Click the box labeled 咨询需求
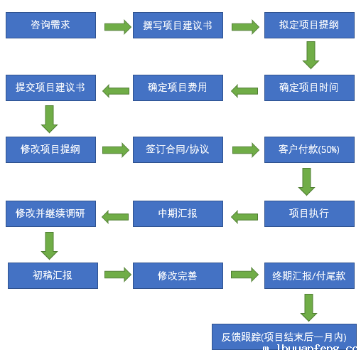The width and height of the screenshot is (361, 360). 50,25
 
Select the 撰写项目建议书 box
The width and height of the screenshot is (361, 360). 178,25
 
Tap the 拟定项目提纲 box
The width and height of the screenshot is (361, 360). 309,25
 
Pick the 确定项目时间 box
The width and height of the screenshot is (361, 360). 309,88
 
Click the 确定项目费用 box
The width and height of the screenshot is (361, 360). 178,88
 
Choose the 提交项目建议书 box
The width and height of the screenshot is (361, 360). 50,88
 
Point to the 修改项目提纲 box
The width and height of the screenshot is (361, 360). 50,149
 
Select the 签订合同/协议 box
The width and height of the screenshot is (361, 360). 178,149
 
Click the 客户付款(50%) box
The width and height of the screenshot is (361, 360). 309,149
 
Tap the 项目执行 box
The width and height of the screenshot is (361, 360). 309,213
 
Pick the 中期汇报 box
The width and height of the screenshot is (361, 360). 178,213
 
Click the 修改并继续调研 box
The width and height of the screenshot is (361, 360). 50,213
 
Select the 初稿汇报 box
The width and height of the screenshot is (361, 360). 53,275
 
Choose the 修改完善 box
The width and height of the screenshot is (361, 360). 178,275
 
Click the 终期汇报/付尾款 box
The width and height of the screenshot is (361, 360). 309,275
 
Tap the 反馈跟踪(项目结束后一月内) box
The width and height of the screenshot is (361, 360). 284,337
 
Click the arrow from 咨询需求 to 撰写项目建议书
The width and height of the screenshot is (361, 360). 117,27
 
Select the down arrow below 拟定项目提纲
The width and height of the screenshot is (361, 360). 311,55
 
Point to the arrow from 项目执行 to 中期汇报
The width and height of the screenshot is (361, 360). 244,216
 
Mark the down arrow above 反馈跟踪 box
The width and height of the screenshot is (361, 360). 308,307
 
